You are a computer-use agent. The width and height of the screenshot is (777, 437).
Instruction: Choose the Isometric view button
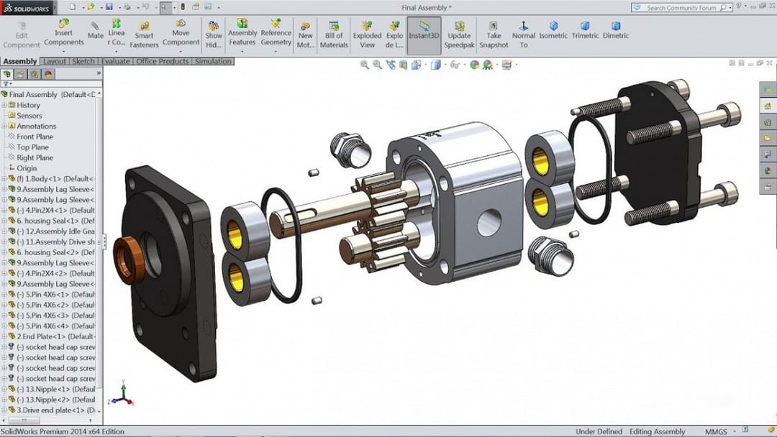[553, 30]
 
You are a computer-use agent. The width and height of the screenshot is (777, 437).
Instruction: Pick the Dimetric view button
[615, 30]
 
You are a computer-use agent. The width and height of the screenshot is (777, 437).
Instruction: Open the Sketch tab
[83, 62]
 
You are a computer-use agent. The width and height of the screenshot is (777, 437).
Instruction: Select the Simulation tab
[213, 62]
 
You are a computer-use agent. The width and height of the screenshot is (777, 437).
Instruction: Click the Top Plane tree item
[32, 147]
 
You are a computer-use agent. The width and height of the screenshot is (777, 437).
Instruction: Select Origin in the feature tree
[27, 168]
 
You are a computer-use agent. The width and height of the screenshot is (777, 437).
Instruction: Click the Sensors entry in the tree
[29, 116]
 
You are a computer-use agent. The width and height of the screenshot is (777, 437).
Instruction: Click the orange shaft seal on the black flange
[129, 259]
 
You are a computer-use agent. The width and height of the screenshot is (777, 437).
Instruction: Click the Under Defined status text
[599, 431]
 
